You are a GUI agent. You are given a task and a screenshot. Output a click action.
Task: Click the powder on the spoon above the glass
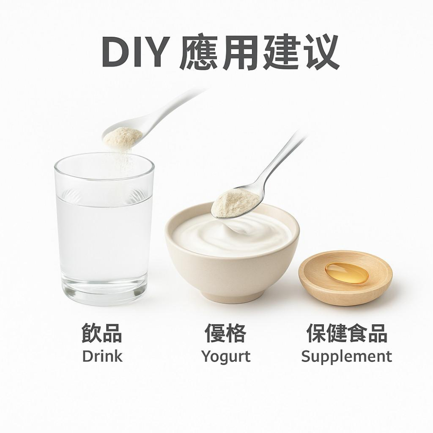[123, 137]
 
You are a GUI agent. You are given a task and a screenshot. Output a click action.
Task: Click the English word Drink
[102, 356]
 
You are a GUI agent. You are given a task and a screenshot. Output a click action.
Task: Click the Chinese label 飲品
[102, 334]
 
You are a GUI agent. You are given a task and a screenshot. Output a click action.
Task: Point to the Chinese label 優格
[225, 334]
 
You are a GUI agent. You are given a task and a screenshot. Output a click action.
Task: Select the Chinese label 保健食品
[346, 334]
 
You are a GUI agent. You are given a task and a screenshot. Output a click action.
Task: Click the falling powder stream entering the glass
[127, 160]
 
